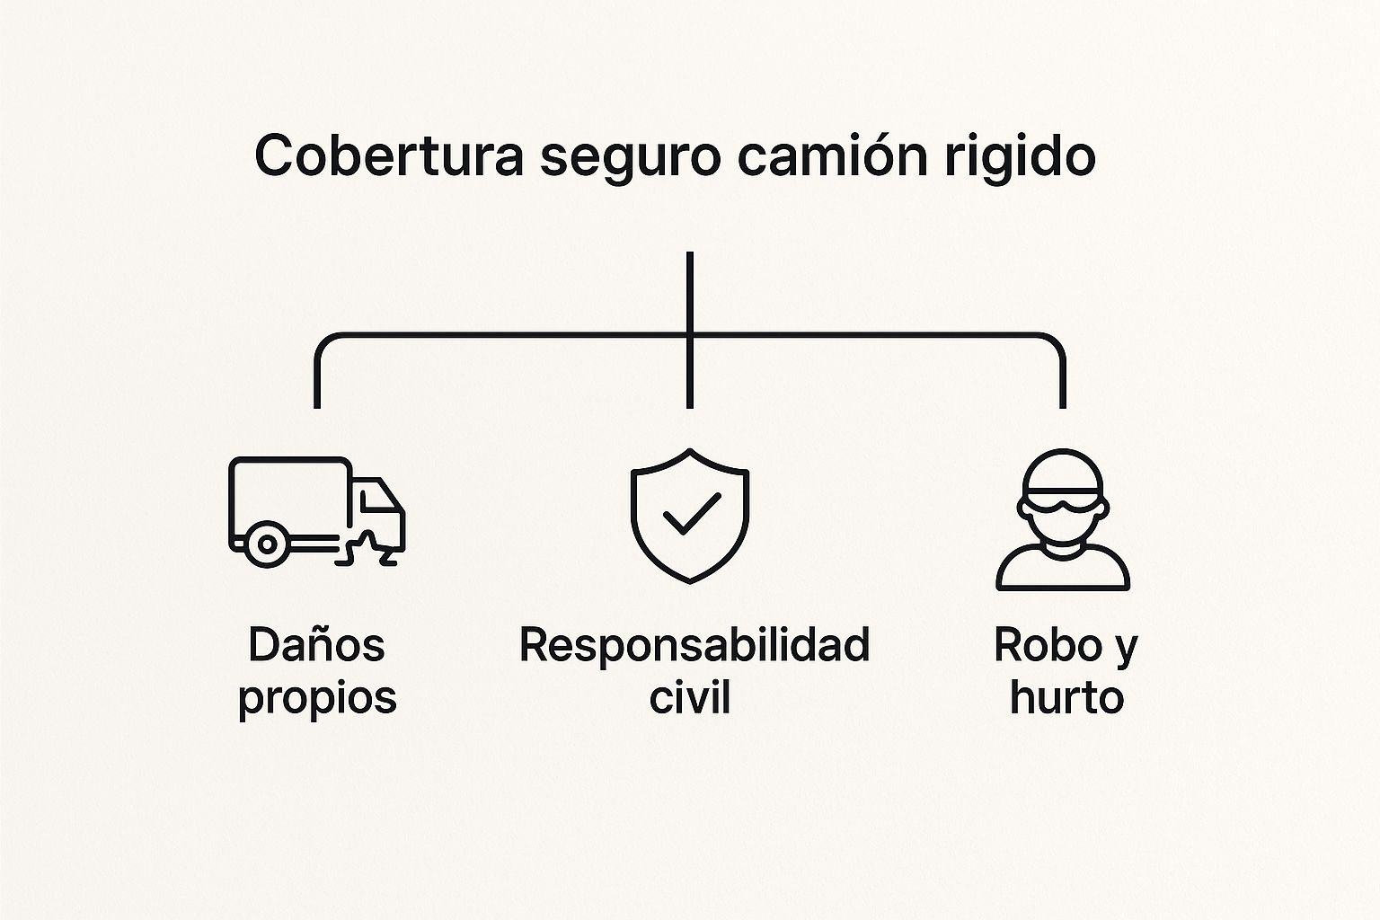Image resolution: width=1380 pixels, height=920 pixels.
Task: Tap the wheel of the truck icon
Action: (266, 544)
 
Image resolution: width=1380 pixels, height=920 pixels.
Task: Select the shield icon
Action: (689, 516)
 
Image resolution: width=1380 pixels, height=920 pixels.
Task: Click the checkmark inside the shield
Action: (690, 513)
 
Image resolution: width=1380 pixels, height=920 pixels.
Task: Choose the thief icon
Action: (1063, 521)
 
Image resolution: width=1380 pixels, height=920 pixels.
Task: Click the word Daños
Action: (316, 645)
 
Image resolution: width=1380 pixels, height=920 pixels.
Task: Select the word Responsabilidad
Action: (694, 645)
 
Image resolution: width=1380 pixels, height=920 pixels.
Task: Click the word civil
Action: (689, 697)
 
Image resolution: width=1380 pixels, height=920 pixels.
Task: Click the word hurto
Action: (1066, 697)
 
